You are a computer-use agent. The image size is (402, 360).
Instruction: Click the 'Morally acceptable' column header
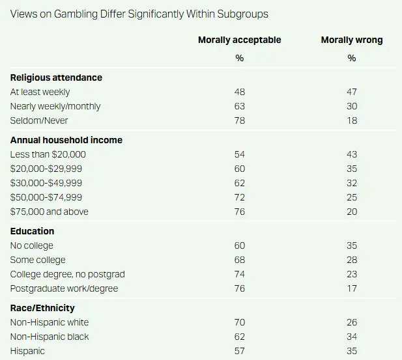pos(239,40)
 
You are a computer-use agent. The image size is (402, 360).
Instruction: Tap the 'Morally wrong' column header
pos(352,40)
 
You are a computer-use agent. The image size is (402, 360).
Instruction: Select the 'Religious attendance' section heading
pos(56,78)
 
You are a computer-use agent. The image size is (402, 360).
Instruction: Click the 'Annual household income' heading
pos(66,140)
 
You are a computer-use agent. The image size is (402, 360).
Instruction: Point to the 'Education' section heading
pos(32,231)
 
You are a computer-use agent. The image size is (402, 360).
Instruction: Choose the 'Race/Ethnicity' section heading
pos(42,308)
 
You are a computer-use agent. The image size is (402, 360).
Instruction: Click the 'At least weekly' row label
pos(40,92)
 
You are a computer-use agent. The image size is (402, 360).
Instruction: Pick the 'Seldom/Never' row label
pos(38,120)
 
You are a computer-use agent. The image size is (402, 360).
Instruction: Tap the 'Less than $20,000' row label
pos(48,154)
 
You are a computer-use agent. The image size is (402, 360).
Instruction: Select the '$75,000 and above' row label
pos(50,212)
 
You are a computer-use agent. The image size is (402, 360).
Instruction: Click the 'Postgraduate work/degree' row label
pos(65,288)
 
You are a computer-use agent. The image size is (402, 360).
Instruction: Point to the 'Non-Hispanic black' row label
pos(50,337)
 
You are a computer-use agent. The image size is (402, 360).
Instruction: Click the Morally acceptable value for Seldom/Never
pos(239,120)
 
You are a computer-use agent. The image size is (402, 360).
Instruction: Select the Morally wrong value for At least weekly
pos(352,92)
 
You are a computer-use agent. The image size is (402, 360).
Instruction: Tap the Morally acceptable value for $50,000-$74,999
pos(239,197)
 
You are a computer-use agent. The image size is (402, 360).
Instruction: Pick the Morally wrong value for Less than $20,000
pos(352,154)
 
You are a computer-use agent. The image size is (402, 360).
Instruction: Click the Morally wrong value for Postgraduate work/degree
pos(352,288)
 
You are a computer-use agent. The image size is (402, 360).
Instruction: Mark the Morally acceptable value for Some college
pos(239,260)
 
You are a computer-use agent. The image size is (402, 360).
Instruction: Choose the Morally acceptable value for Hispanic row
pos(239,351)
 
